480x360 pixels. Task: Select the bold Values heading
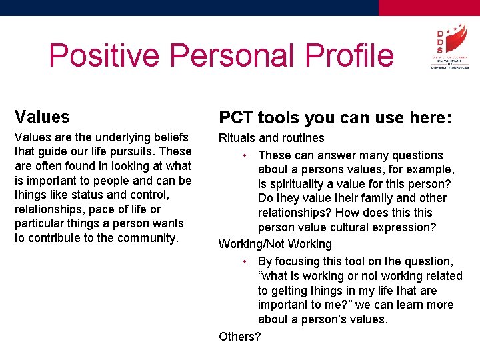point(42,117)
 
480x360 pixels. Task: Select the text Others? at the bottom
point(240,336)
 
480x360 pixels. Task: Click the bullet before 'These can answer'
point(246,155)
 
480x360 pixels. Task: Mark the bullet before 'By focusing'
point(246,261)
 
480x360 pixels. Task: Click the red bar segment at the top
point(429,7)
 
